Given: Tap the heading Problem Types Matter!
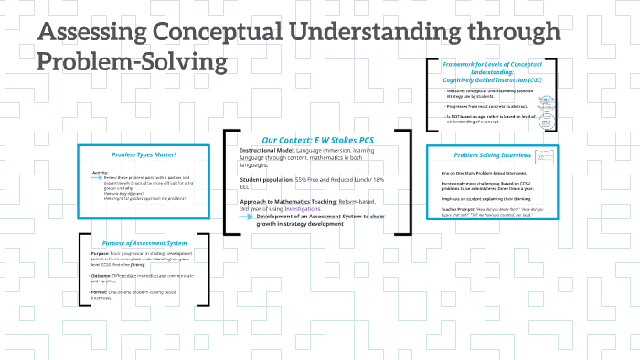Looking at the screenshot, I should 137,154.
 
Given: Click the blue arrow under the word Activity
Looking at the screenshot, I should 97,178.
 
